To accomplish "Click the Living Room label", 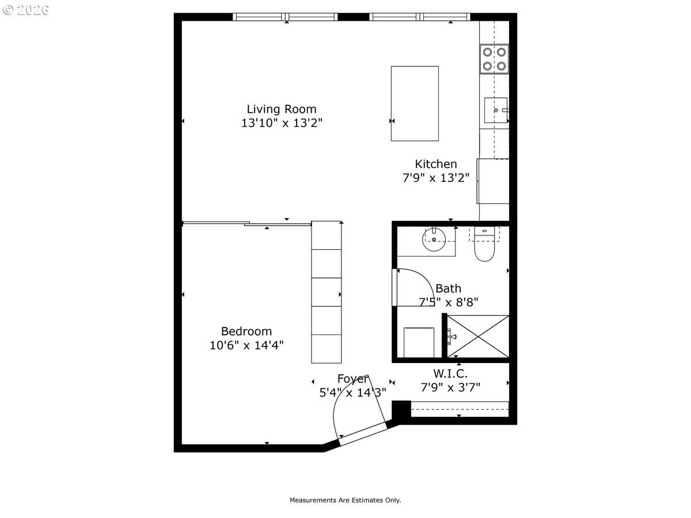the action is [x=282, y=109].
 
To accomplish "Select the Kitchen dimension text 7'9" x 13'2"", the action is [x=436, y=178].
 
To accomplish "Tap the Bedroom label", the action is [x=246, y=331].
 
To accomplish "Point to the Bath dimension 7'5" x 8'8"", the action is [x=448, y=302].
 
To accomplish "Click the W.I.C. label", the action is [x=450, y=374].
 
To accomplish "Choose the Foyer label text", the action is [x=353, y=379].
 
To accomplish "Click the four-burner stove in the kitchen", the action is [x=494, y=59].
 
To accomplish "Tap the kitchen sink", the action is [x=496, y=110].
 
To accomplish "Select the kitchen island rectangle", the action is [x=415, y=104].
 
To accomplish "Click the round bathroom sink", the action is [x=434, y=239].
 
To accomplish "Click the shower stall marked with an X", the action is [x=478, y=336].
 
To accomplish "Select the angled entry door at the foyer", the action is [x=362, y=434].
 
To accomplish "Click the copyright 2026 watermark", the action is [x=26, y=10].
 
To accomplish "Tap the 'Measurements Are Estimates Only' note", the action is [x=345, y=500].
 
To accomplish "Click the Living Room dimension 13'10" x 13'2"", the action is [x=282, y=123].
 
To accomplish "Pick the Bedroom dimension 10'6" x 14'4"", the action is [x=246, y=345].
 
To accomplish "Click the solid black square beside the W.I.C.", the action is [x=401, y=409].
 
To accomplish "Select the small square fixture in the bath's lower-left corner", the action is [x=419, y=342].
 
